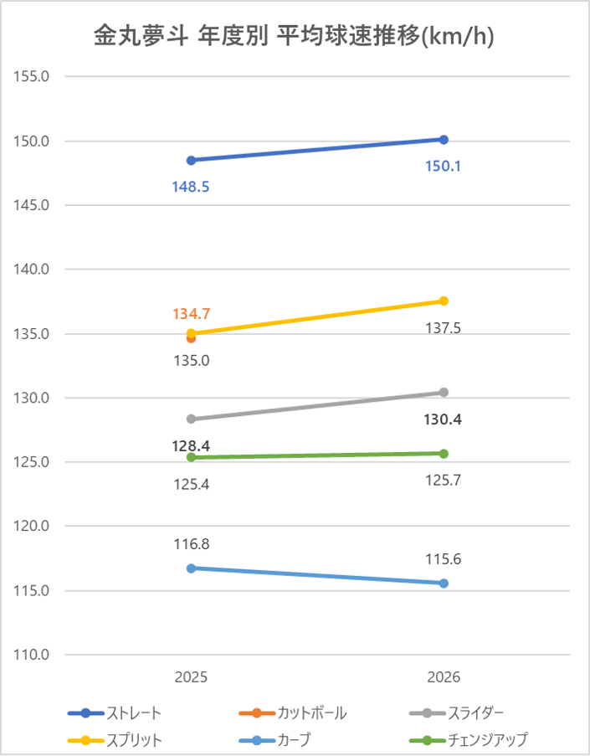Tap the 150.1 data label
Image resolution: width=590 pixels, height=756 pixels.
444,167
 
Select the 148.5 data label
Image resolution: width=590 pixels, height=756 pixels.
192,187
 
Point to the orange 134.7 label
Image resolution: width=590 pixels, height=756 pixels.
192,314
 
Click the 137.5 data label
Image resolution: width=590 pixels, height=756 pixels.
444,327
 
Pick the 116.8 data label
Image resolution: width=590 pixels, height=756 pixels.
192,544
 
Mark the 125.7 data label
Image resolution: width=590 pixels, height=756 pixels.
444,481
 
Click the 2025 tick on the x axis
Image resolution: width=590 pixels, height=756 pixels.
192,676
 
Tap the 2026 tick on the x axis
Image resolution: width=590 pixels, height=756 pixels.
444,676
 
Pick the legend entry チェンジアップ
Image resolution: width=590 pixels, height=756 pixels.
476,740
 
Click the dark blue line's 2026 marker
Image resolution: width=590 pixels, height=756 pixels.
444,139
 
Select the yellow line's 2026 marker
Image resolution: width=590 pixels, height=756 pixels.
444,301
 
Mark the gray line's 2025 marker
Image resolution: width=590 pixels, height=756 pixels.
192,419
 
